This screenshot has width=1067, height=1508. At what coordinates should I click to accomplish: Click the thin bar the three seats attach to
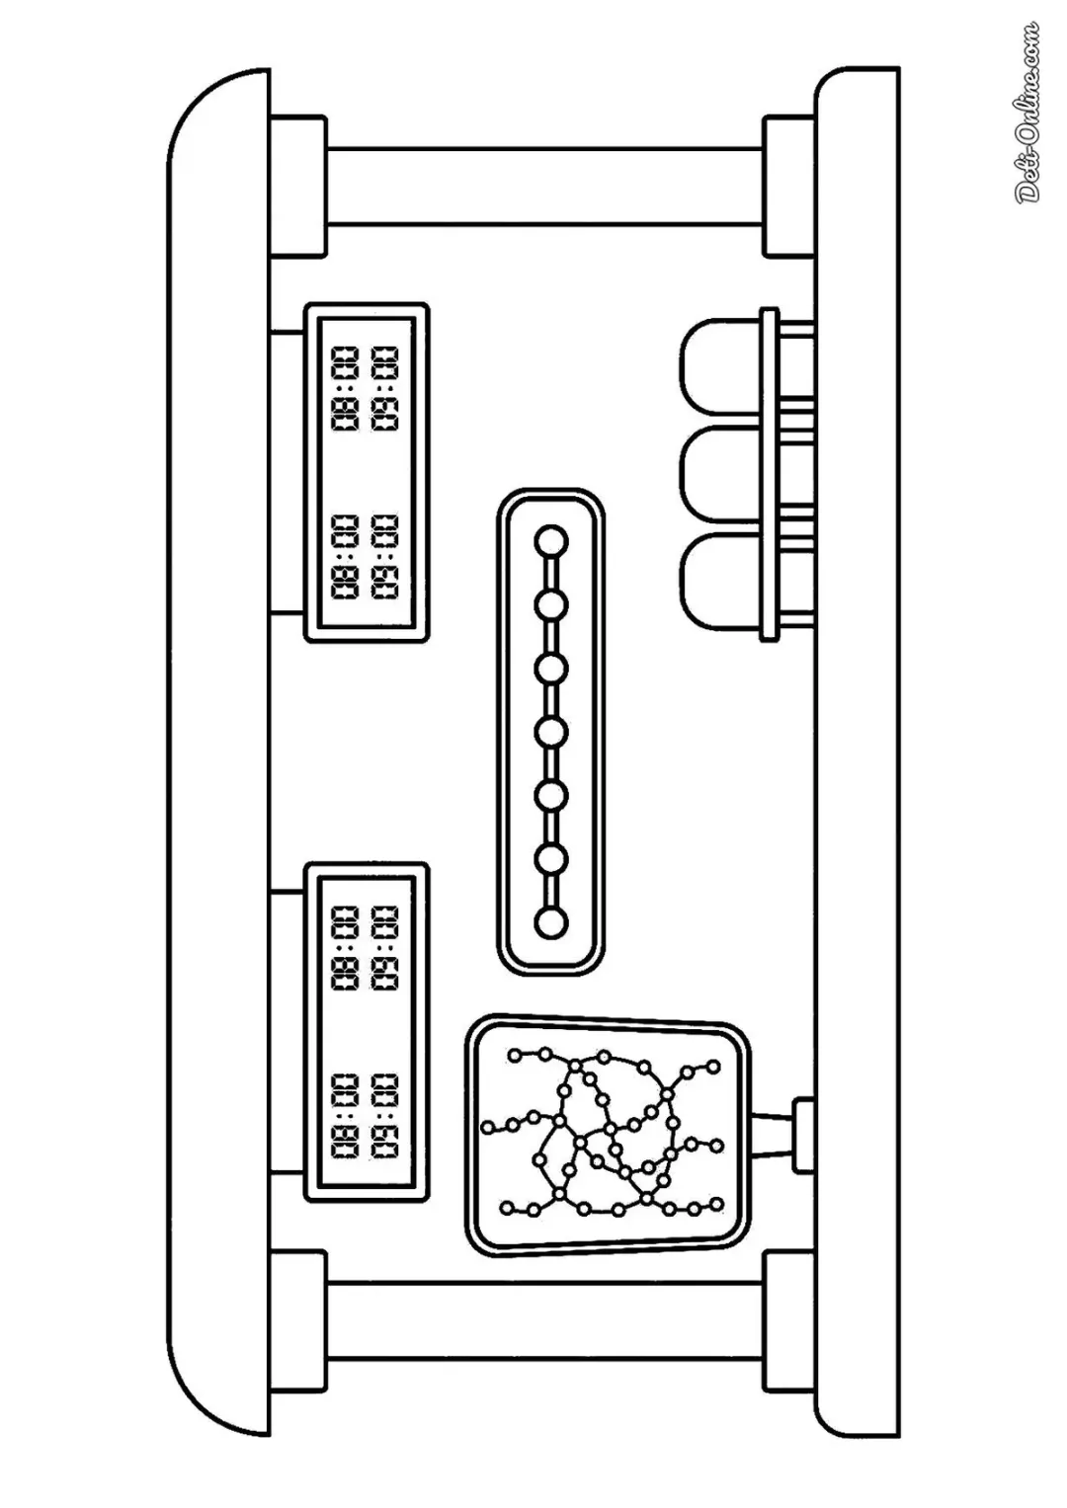pos(770,475)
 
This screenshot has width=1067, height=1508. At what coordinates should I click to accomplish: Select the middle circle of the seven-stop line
pos(551,731)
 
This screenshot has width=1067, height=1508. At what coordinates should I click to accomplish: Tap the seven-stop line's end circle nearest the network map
pos(551,922)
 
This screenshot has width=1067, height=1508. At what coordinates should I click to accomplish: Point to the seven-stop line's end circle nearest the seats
pos(551,542)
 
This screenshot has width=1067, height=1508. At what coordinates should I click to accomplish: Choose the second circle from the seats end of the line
pos(551,605)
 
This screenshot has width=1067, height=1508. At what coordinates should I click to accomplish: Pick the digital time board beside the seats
pos(367,473)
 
